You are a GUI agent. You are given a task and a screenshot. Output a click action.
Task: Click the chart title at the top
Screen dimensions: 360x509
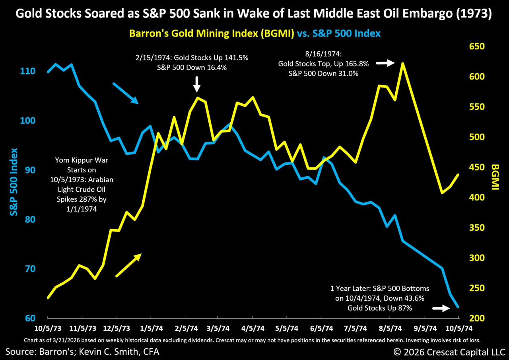pos(254,15)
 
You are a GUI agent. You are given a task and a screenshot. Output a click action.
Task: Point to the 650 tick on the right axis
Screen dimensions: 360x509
pos(477,47)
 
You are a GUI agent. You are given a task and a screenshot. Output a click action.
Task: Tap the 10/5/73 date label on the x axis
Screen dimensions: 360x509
pos(47,329)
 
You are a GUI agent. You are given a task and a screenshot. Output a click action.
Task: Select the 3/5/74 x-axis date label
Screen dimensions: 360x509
pos(217,329)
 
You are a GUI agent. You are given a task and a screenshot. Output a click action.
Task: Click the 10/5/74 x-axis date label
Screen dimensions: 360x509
pos(458,329)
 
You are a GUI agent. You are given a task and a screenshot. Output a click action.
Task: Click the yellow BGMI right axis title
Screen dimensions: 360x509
pos(495,177)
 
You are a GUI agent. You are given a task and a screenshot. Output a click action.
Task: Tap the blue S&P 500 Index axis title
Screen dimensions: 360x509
pos(14,182)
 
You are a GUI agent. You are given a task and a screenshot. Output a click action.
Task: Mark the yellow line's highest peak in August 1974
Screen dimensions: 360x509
pos(403,63)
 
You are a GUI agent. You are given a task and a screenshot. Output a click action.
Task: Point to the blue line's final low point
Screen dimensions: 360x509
pos(458,307)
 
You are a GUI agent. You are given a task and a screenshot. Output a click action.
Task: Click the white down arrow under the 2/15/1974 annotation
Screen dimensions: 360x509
pos(197,84)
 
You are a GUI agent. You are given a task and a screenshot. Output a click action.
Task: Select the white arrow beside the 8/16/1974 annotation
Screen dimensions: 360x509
pos(385,63)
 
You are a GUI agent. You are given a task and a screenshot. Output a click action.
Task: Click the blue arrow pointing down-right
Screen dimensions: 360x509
pos(125,93)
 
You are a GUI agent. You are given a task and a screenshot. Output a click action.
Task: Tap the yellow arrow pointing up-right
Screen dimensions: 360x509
pos(128,265)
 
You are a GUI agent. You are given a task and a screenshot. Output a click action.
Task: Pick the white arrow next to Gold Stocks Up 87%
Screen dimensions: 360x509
pos(440,308)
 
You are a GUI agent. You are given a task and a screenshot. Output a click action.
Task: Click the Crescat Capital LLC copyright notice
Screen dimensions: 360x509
pos(449,352)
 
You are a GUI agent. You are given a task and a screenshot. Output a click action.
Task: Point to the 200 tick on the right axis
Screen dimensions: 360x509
pos(477,318)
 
